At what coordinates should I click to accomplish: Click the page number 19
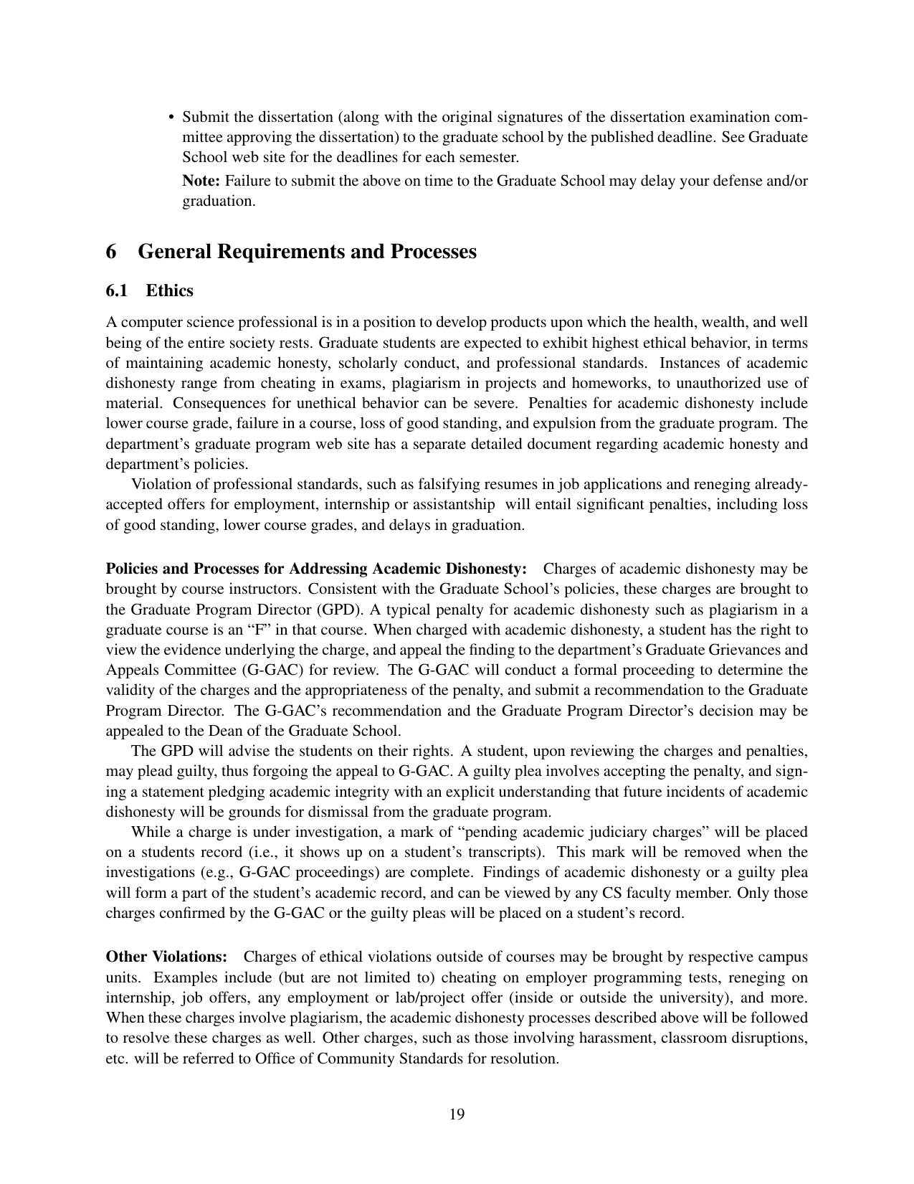(457, 1114)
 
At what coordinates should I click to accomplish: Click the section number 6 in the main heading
(111, 252)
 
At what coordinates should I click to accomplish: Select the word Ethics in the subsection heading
(169, 290)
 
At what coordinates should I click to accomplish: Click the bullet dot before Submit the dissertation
(171, 118)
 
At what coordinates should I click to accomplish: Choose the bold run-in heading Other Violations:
(166, 957)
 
